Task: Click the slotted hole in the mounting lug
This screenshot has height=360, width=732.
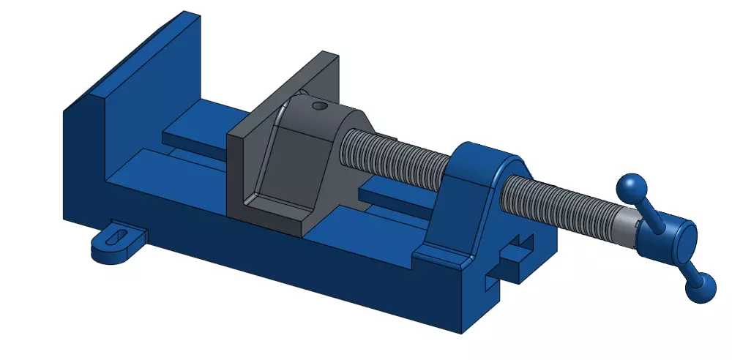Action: pyautogui.click(x=115, y=236)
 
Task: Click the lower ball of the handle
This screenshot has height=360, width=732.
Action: pyautogui.click(x=701, y=288)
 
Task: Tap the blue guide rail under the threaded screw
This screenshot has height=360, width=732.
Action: pyautogui.click(x=388, y=193)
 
